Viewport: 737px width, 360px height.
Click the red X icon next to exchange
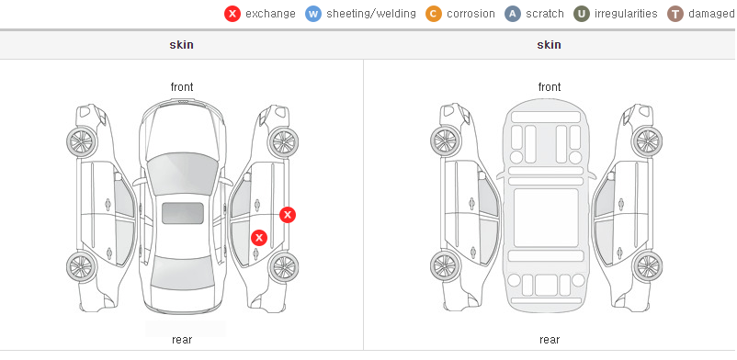tap(232, 14)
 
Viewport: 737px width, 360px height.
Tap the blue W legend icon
tap(313, 14)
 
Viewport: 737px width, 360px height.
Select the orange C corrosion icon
tap(434, 14)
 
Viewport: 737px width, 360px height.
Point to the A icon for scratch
tap(513, 14)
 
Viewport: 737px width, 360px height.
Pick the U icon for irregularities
tap(582, 14)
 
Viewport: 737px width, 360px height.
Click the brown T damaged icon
tap(675, 14)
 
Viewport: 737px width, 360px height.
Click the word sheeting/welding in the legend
tap(371, 14)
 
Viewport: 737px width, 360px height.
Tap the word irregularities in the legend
tap(626, 14)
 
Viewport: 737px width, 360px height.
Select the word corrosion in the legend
tap(471, 14)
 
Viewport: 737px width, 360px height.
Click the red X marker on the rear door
tap(259, 238)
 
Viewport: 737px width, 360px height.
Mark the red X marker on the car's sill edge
tap(288, 215)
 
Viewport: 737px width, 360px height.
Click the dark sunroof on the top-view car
tap(183, 213)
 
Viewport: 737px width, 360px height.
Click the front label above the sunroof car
tap(182, 87)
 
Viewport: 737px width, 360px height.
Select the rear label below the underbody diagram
tap(550, 340)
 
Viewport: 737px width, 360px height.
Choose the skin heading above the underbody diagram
tap(549, 45)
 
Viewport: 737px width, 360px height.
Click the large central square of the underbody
tap(546, 218)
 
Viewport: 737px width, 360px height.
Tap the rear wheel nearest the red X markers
tap(283, 267)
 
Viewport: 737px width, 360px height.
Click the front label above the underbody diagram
tap(550, 87)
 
